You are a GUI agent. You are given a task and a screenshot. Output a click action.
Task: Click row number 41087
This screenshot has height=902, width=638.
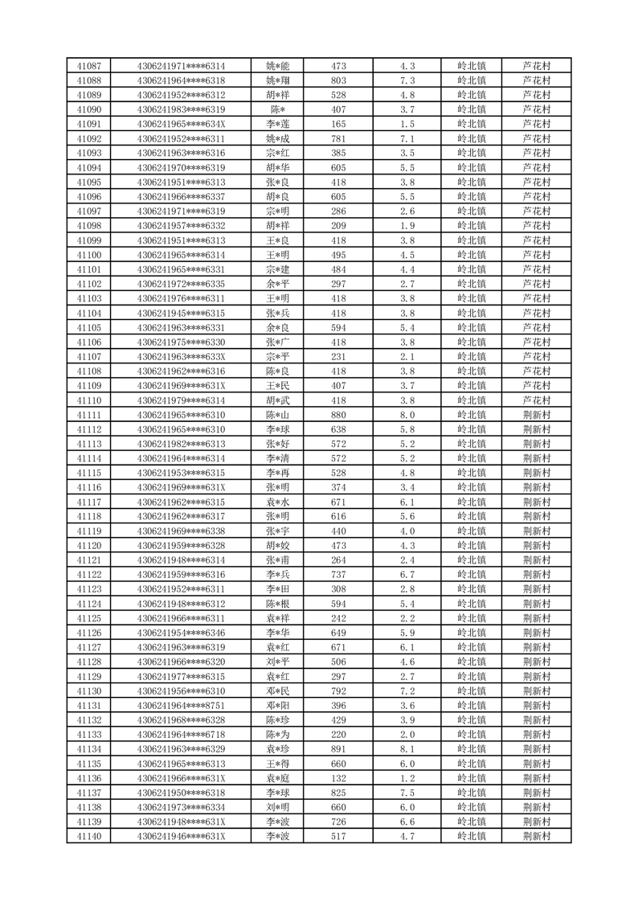[88, 66]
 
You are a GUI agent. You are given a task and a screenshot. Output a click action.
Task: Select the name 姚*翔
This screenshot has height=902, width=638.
[278, 80]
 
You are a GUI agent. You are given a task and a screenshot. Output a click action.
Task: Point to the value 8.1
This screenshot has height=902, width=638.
[407, 749]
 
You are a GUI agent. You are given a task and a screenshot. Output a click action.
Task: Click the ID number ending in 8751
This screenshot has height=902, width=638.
[181, 706]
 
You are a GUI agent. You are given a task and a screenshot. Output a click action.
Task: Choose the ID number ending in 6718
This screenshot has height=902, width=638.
[181, 735]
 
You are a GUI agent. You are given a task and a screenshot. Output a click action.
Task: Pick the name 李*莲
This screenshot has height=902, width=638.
[278, 124]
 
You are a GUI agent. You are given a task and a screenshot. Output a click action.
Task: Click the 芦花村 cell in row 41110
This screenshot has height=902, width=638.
[536, 400]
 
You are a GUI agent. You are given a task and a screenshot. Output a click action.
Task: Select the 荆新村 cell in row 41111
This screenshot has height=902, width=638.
[536, 415]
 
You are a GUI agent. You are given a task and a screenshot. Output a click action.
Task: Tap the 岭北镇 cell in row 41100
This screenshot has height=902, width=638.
[471, 255]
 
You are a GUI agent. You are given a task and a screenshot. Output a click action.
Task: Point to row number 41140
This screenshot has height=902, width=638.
[88, 836]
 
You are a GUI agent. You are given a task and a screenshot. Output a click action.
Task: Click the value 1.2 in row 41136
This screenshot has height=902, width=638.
[407, 778]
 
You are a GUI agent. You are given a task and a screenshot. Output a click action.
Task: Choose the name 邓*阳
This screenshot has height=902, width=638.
[278, 706]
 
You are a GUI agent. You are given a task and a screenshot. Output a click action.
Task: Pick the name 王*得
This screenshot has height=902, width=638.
[278, 764]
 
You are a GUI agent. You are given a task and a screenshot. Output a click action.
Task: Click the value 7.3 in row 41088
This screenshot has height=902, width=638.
[407, 80]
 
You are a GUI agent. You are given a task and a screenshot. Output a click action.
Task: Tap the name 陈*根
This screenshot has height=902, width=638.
[278, 604]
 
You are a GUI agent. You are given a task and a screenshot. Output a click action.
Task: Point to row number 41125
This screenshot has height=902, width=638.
[88, 618]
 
